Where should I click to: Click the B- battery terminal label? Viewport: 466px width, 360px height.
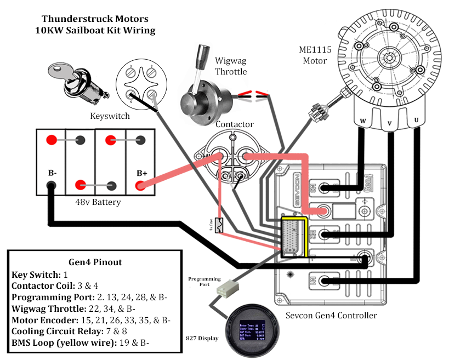52,173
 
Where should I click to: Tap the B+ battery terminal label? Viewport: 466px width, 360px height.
142,173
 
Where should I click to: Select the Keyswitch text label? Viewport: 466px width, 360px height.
110,116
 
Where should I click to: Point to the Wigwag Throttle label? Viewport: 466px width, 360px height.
230,66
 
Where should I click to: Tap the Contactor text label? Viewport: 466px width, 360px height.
234,124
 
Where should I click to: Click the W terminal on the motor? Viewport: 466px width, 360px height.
362,121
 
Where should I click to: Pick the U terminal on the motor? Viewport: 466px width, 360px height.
417,120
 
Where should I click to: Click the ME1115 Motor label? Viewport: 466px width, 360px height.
315,55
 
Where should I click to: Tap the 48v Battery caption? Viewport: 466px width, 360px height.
98,202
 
